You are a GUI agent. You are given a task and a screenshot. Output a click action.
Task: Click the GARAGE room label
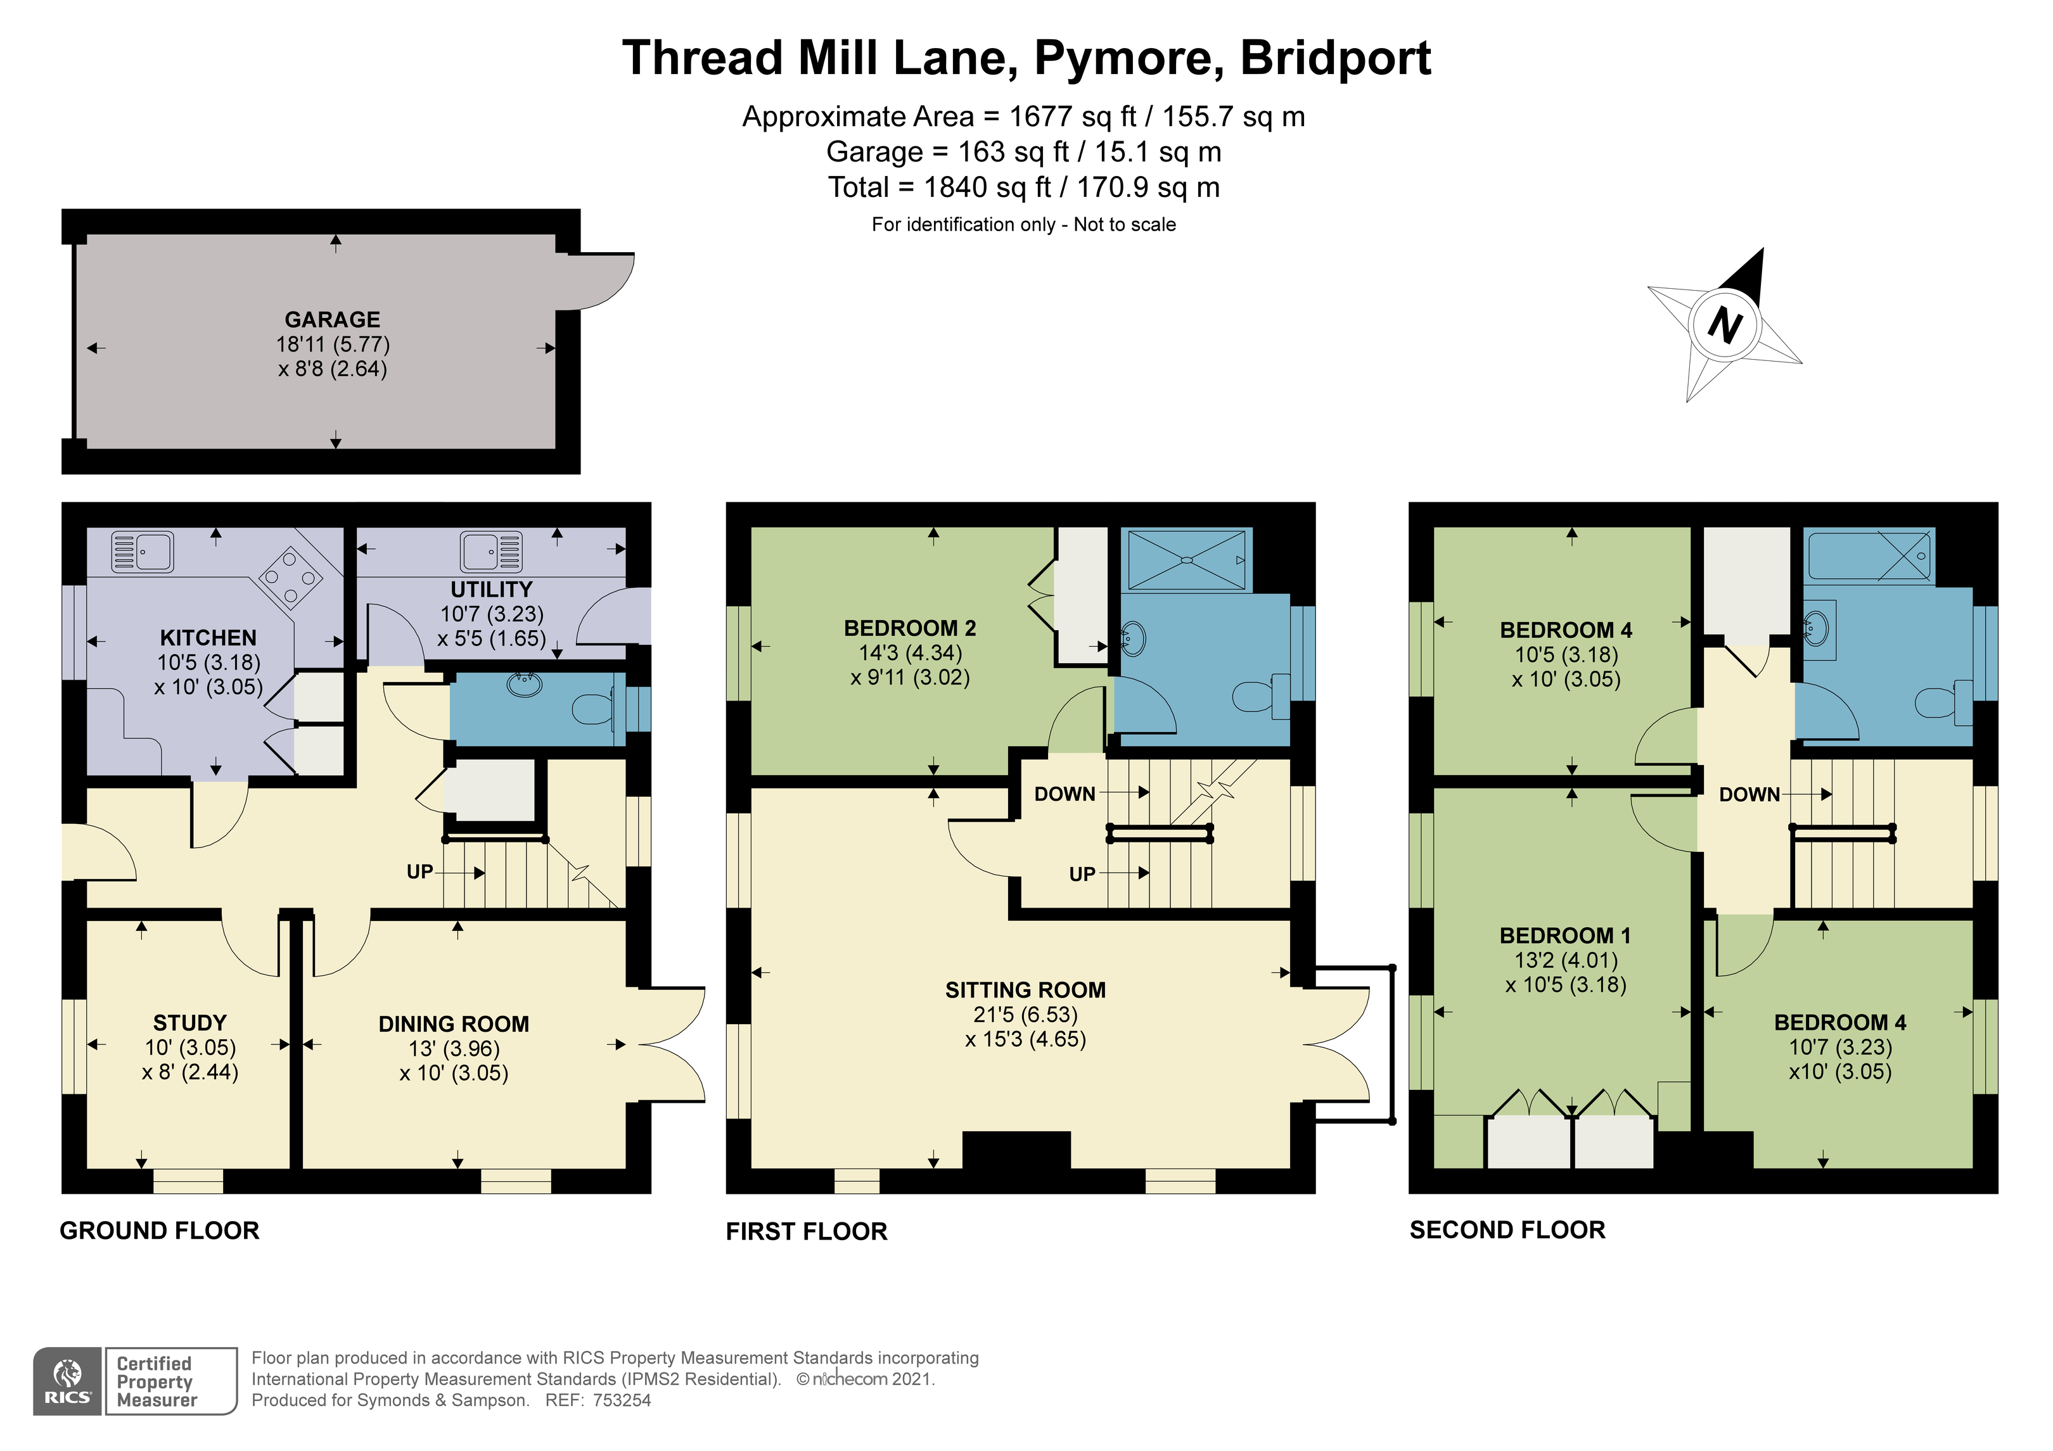pyautogui.click(x=333, y=319)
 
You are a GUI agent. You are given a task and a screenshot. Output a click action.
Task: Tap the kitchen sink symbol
pyautogui.click(x=142, y=552)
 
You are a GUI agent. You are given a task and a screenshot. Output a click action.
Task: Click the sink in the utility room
pyautogui.click(x=491, y=551)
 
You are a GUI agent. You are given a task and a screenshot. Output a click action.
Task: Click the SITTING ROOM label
pyautogui.click(x=1026, y=990)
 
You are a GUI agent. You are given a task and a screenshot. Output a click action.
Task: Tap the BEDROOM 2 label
pyautogui.click(x=911, y=628)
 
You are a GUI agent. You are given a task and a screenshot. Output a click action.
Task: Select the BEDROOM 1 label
pyautogui.click(x=1565, y=936)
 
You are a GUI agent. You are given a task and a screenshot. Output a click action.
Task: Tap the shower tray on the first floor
pyautogui.click(x=1187, y=560)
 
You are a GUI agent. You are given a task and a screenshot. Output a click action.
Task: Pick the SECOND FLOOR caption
pyautogui.click(x=1507, y=1230)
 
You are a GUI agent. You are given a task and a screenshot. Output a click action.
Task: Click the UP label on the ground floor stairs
pyautogui.click(x=419, y=871)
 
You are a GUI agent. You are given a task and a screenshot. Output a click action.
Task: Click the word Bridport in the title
pyautogui.click(x=1336, y=58)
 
